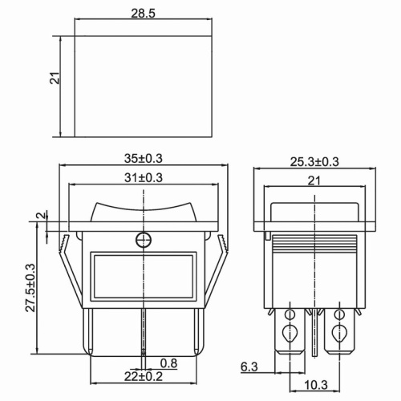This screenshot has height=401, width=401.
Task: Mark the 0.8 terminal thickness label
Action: (169, 362)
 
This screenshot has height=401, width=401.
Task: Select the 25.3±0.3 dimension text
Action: (314, 161)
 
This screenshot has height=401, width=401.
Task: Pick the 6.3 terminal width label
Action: (249, 367)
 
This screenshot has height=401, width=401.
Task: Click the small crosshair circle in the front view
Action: (144, 239)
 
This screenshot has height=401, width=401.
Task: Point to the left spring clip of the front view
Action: (70, 273)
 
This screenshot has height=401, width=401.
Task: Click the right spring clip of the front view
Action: (219, 273)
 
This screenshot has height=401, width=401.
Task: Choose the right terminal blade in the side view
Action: (340, 333)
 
